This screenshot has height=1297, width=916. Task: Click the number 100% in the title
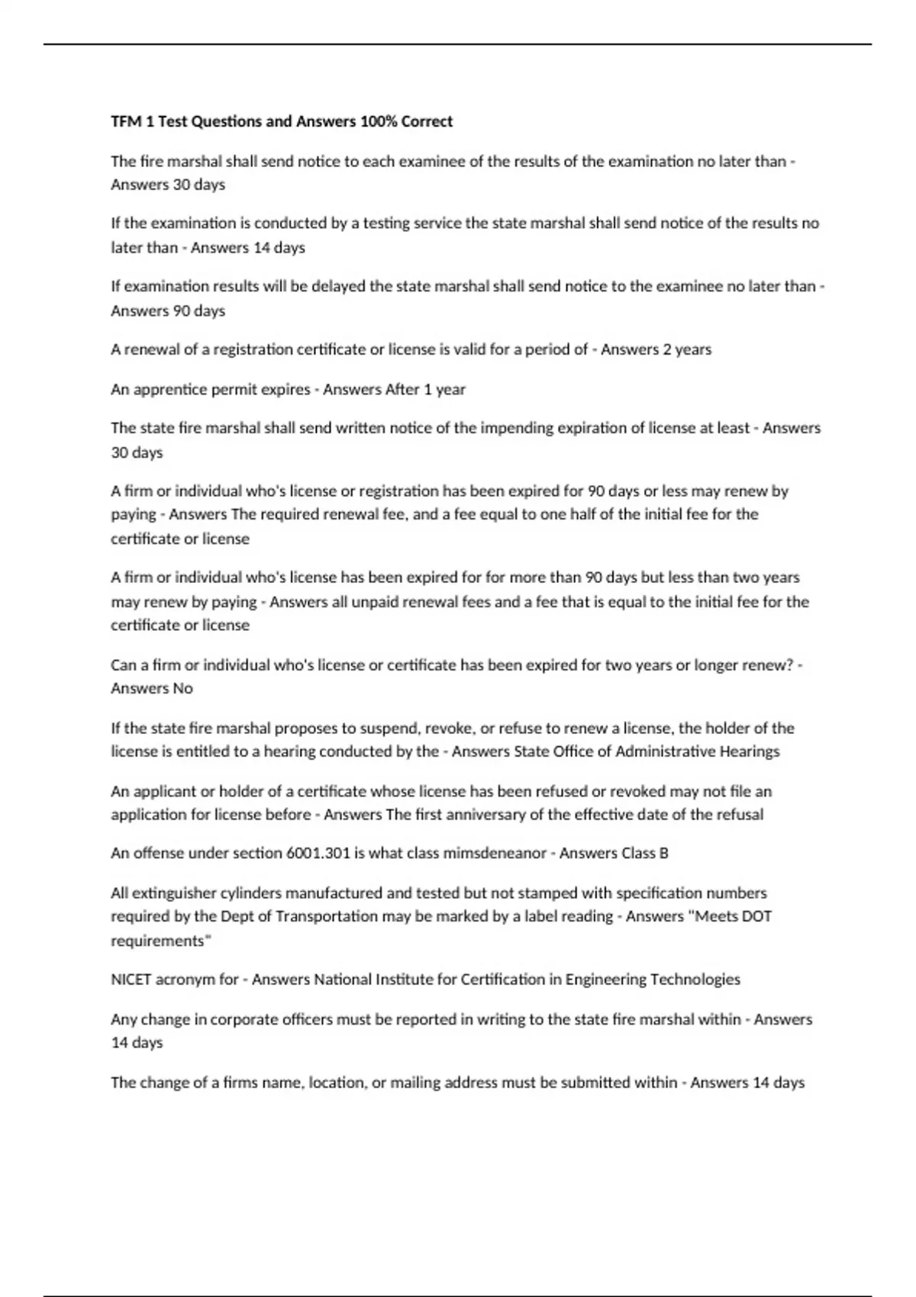(379, 121)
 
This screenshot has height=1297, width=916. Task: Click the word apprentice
(170, 389)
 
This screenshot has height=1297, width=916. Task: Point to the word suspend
(387, 728)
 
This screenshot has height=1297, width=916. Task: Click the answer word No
(182, 688)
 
